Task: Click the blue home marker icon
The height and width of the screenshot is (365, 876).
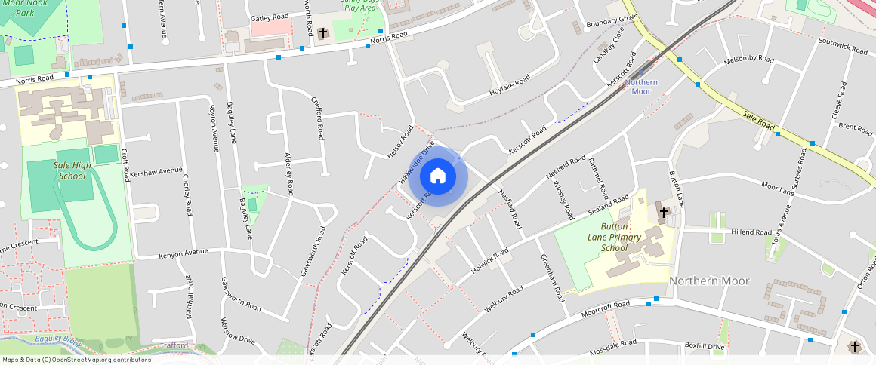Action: click(438, 176)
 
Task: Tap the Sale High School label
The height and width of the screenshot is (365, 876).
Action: click(72, 170)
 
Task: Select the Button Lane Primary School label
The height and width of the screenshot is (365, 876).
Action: click(625, 237)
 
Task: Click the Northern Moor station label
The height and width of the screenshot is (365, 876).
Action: click(640, 87)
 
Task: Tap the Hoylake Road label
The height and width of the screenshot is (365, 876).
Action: click(510, 86)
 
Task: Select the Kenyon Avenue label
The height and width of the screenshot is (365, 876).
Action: click(183, 253)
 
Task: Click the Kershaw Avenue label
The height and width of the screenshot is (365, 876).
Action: click(156, 172)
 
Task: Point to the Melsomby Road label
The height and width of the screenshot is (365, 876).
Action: click(748, 60)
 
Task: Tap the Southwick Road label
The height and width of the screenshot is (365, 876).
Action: click(843, 45)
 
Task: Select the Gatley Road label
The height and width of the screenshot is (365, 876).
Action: click(270, 17)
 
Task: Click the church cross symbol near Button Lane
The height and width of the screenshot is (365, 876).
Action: click(663, 213)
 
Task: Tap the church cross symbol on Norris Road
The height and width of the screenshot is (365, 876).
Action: click(323, 33)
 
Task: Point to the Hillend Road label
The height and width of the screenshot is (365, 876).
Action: click(751, 232)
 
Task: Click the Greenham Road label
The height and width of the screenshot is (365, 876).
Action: click(552, 278)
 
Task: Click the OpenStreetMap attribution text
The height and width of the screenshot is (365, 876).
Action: click(77, 360)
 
